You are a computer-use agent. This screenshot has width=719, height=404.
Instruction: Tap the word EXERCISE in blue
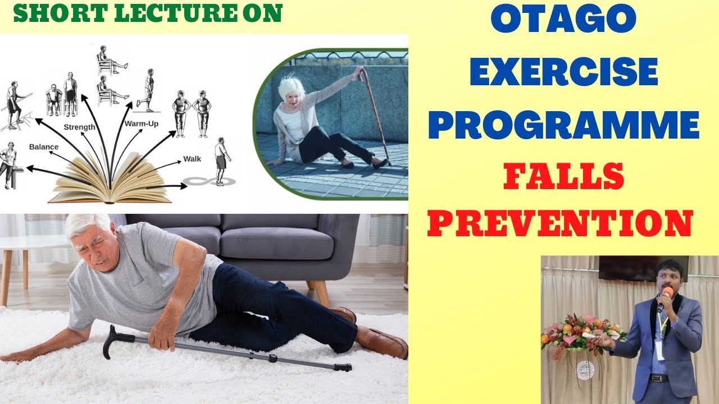[x=563, y=74]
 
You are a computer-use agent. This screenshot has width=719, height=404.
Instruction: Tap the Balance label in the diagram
[x=44, y=147]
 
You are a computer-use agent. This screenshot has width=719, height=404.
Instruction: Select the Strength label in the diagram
[x=79, y=127]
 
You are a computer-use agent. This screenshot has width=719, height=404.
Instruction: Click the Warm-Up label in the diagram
[x=142, y=123]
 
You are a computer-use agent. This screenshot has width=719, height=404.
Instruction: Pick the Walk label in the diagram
[x=192, y=159]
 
